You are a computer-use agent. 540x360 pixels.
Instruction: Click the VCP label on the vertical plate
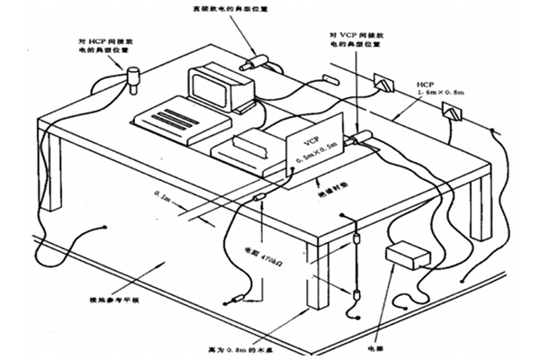click(310, 142)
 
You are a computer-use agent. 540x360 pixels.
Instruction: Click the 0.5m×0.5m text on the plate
click(310, 160)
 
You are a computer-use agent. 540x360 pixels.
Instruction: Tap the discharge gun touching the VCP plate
click(364, 136)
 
